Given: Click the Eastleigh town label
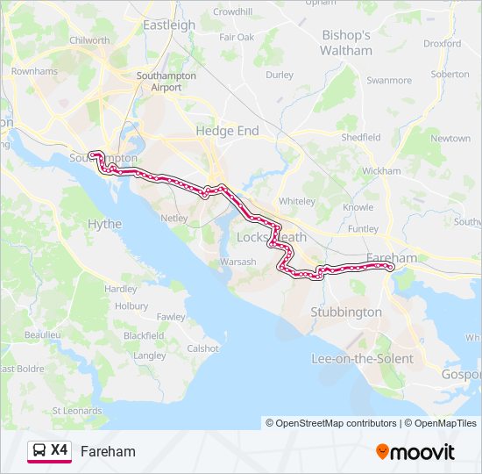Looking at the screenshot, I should (x=169, y=25).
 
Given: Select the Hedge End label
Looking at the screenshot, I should (x=227, y=130).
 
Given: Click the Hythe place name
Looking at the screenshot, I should (x=105, y=224).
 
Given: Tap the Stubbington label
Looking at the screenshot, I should (x=346, y=312).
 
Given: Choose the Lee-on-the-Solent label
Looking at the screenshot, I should (x=363, y=358).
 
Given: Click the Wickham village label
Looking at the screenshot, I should (x=380, y=170).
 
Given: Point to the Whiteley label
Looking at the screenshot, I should (x=296, y=201).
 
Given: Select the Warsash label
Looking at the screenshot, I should (x=237, y=262).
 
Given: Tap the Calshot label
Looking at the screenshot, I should (x=202, y=348).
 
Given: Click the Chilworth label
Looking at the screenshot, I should (x=89, y=40).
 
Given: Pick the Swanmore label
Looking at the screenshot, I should (x=389, y=81).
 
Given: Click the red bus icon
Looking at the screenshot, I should (x=39, y=450).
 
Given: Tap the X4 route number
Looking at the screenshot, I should (x=60, y=450).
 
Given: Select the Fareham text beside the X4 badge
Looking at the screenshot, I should (x=108, y=451).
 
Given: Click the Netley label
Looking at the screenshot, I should (x=174, y=217).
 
